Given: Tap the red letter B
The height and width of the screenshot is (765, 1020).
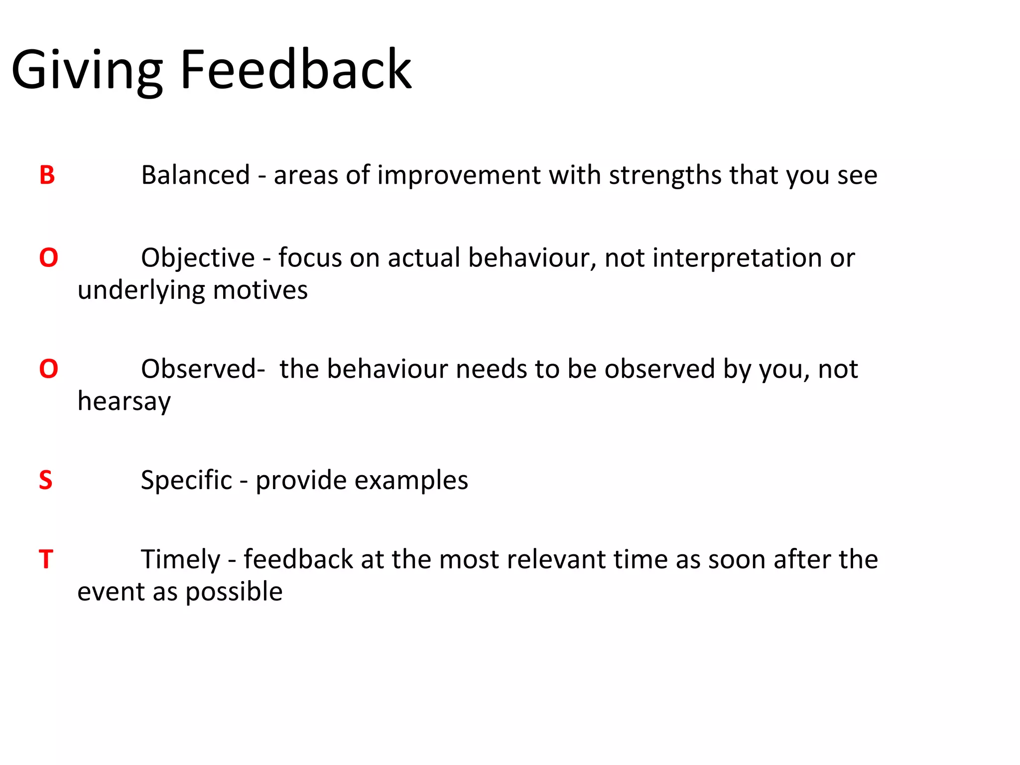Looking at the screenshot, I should coord(47,175).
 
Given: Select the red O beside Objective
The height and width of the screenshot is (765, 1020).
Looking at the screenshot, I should coord(48,258).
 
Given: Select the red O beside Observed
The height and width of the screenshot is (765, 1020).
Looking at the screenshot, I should coord(48,369).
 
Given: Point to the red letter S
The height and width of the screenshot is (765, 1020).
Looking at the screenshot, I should coord(45,480).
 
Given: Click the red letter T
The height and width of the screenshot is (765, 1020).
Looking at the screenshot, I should coord(46,559).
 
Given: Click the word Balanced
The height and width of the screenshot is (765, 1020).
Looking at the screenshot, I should coord(195,175).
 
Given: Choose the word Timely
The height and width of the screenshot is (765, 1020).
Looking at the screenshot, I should coord(180,560).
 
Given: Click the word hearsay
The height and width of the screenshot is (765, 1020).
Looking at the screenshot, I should coord(124,401).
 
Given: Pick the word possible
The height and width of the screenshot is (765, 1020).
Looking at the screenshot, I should coord(234,592).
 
